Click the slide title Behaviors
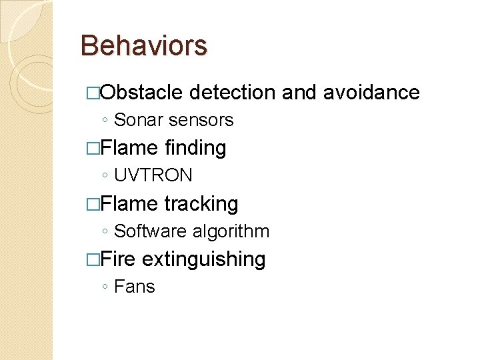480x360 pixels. pos(143,46)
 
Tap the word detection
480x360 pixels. pos(232,92)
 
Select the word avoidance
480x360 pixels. pos(371,92)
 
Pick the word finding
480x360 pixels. pos(195,148)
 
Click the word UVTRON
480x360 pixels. pos(153,176)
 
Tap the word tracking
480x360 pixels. pos(201,203)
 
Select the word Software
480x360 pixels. pos(151,231)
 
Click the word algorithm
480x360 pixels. pos(231,231)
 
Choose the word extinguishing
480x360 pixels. pos(203,259)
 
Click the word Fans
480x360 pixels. pos(135,287)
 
